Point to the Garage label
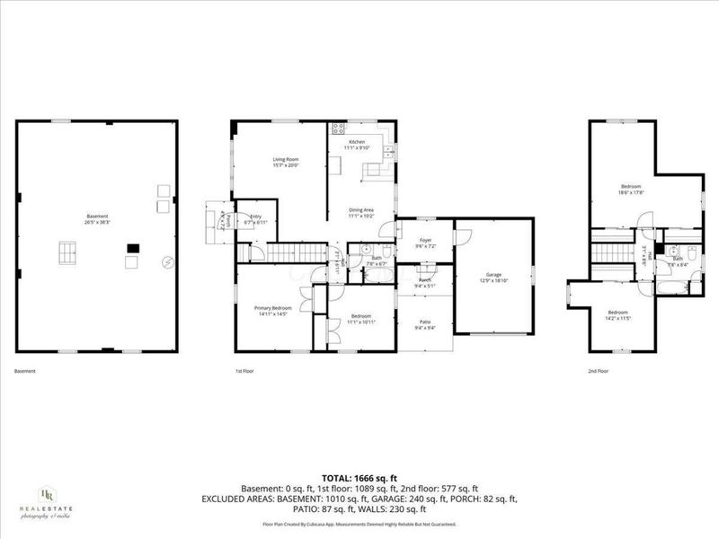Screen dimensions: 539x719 493,277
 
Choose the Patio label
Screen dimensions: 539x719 425,323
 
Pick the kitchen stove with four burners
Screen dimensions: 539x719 338,128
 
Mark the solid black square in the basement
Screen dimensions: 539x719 133,247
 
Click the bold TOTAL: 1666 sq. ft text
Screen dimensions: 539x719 359,477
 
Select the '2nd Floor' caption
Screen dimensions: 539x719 598,371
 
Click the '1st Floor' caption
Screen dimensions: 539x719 245,371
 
